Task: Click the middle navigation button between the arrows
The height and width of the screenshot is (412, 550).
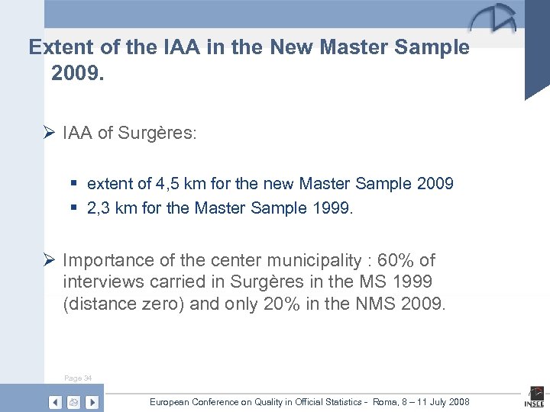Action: (x=73, y=402)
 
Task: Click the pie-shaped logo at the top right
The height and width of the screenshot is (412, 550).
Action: (x=493, y=18)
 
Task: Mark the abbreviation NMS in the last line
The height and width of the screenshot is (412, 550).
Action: (x=375, y=305)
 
